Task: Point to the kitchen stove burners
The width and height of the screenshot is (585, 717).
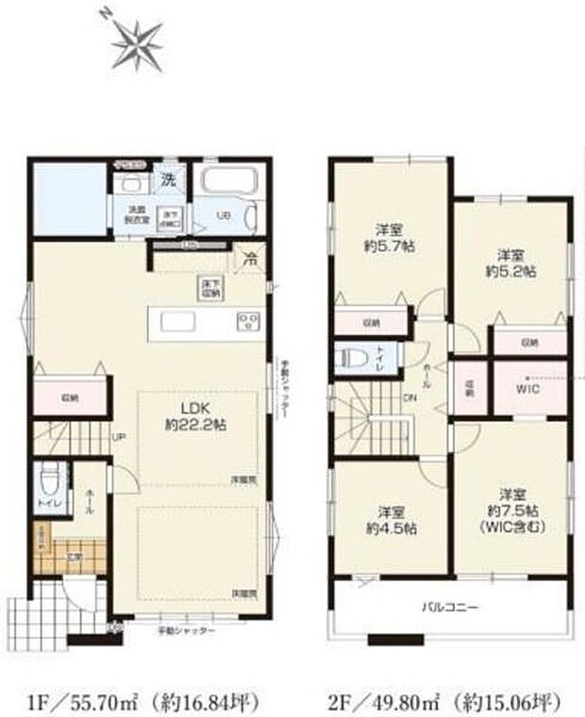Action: click(x=247, y=322)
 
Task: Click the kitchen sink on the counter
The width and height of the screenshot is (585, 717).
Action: click(x=178, y=322)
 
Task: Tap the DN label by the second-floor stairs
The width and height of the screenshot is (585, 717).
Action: click(x=410, y=397)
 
